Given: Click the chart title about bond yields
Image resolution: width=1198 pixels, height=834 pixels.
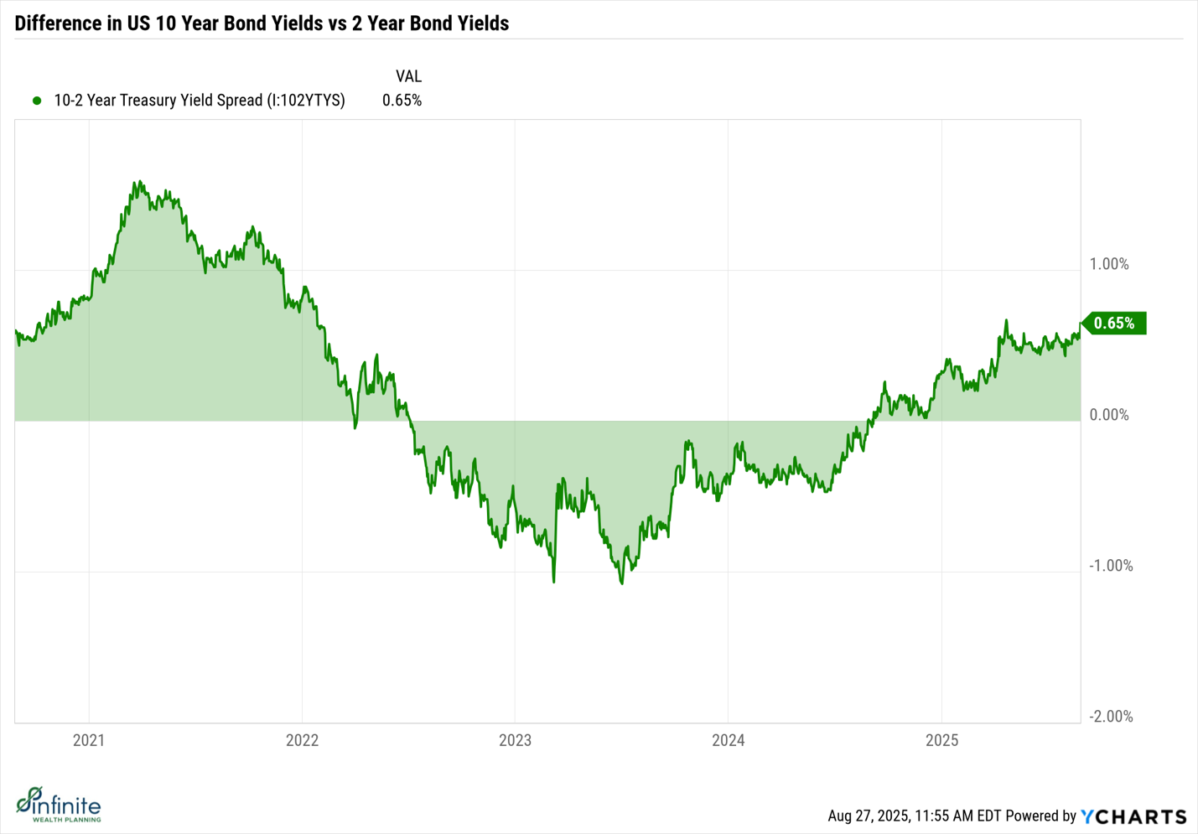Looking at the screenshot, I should click(262, 23).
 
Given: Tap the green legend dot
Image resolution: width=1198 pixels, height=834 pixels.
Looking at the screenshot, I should click(37, 101).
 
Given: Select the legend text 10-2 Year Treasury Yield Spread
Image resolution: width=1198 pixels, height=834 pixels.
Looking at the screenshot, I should click(200, 101).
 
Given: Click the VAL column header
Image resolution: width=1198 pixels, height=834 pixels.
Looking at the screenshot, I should click(408, 76).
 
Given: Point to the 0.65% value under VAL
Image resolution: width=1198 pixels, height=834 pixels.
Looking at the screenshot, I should click(402, 101).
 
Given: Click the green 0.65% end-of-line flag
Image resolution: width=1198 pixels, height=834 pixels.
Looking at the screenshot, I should click(1114, 324).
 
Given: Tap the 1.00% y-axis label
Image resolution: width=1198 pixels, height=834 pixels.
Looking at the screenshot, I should click(1108, 264).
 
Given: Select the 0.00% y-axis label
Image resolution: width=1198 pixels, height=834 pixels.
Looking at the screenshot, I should click(1108, 415).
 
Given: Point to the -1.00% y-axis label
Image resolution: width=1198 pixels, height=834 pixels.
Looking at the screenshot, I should click(1110, 566).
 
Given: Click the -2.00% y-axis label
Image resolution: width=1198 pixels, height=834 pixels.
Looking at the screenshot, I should click(1110, 717).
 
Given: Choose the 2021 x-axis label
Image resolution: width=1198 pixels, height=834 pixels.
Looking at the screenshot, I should click(89, 740).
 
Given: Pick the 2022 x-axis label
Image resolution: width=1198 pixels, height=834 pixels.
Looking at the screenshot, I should click(302, 740).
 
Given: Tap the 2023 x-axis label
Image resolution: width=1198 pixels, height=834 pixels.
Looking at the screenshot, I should click(515, 740).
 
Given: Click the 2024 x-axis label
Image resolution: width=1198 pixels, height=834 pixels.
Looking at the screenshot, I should click(728, 740).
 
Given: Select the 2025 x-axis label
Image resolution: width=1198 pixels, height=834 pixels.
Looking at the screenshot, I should click(941, 740).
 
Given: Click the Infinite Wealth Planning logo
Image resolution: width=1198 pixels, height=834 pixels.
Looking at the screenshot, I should click(59, 805).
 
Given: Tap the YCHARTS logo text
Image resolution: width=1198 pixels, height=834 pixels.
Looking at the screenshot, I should click(1133, 816).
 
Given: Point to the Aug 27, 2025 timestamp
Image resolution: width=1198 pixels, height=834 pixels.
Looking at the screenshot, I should click(915, 816).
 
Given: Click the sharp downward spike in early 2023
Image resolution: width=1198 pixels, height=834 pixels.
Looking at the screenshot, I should click(554, 580).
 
